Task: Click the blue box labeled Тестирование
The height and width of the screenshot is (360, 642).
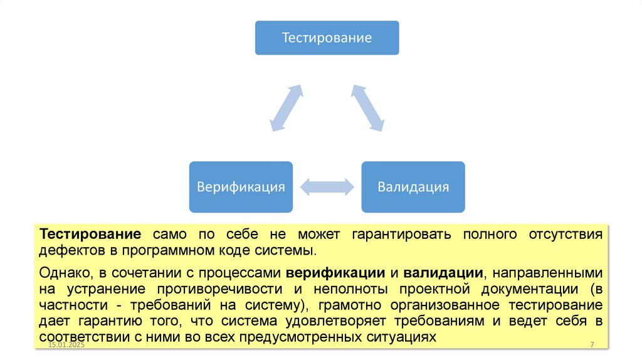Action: [326, 38]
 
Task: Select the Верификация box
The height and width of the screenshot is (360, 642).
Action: [241, 187]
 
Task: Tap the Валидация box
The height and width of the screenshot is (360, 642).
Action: [413, 187]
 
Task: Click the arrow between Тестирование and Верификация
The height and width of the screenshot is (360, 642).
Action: [287, 107]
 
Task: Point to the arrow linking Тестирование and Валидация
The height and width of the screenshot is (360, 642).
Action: [367, 107]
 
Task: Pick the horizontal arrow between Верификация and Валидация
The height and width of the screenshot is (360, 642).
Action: [327, 186]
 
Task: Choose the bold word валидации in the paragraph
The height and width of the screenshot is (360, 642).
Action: [443, 273]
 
